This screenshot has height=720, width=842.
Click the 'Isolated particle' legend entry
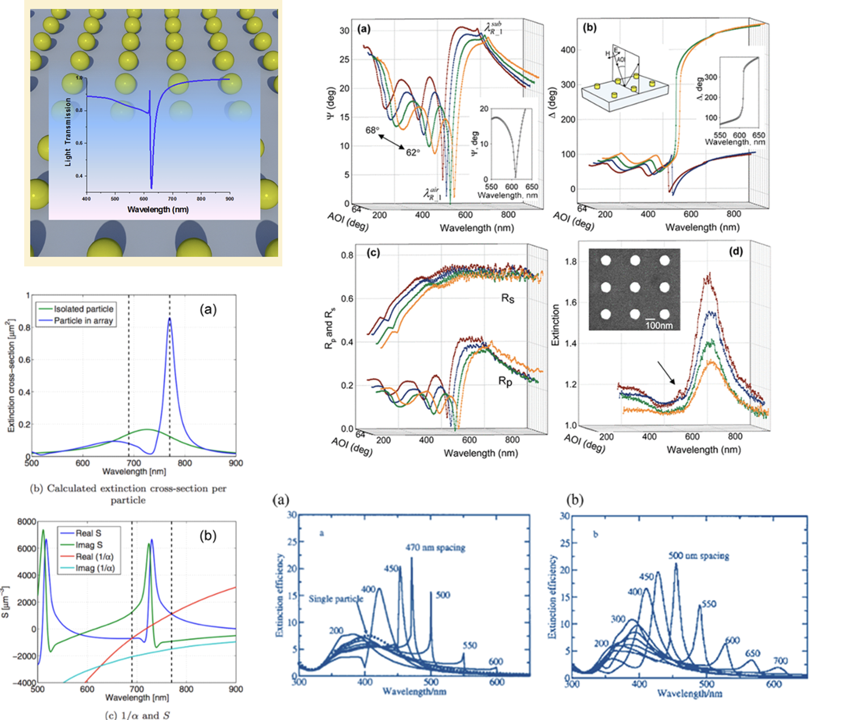[x=83, y=309]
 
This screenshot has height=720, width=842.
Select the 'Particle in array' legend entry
[x=83, y=321]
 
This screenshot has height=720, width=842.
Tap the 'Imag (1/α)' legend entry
[x=95, y=568]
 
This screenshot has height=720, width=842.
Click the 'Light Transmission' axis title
[x=68, y=132]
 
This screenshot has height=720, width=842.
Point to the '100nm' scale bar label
[x=659, y=326]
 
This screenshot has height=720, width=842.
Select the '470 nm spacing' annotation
[x=435, y=547]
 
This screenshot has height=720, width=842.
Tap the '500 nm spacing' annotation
[x=699, y=556]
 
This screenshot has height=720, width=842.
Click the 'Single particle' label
[x=336, y=598]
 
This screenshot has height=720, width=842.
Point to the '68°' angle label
[x=372, y=130]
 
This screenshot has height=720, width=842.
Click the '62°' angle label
[x=413, y=152]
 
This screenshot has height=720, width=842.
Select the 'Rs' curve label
[x=508, y=299]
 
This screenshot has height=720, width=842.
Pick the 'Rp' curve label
[x=505, y=381]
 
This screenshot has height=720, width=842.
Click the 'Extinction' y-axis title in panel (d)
[x=556, y=325]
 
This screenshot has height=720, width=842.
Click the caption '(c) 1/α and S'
[x=137, y=715]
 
